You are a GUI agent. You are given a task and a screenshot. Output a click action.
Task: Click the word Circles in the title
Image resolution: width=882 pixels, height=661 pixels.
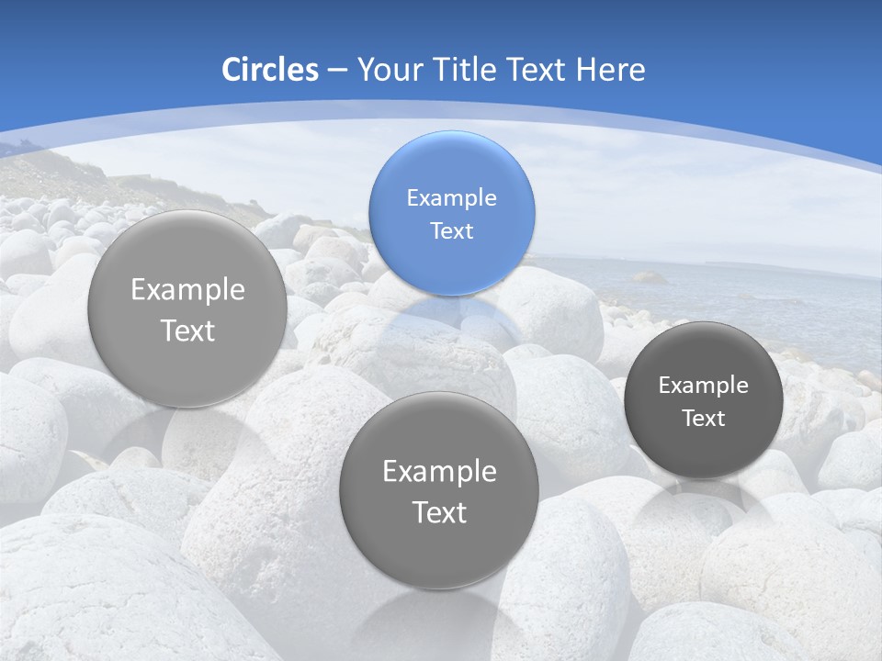269,70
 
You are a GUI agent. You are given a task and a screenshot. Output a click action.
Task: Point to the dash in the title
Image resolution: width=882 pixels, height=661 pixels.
337,71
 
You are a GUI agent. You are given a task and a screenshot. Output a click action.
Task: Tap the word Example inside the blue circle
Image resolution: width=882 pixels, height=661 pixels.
451,197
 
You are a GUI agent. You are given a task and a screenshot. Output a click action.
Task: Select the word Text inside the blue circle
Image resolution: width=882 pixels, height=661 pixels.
451,230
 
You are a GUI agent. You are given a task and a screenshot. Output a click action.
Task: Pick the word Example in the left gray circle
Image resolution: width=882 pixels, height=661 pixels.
187,290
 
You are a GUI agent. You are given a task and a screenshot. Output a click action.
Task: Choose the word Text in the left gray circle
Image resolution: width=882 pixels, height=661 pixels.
187,330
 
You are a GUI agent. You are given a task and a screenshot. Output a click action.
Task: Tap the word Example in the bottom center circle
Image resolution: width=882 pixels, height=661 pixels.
439,472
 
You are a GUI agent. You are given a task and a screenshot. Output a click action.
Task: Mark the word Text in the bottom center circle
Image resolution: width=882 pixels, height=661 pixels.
439,512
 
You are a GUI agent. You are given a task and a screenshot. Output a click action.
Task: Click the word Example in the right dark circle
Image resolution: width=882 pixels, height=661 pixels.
704,386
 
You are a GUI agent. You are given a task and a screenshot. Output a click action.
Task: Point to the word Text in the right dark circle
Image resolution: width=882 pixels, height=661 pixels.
704,419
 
